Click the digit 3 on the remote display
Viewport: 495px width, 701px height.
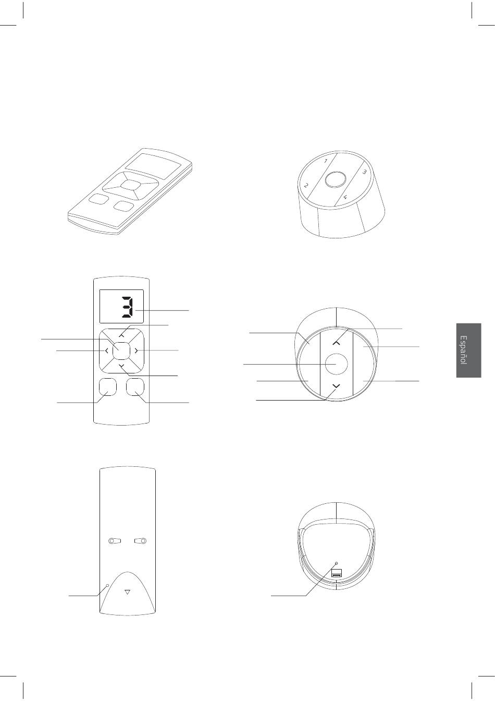click(128, 306)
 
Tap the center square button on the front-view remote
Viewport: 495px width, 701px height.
click(121, 351)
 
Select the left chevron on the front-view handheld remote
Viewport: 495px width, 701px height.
click(107, 351)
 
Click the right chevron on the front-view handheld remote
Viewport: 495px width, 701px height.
click(136, 351)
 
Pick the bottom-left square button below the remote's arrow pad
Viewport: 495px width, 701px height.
click(107, 387)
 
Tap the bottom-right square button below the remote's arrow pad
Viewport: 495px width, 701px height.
click(135, 387)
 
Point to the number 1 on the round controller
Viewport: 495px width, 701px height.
click(326, 161)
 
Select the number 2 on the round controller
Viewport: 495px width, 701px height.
click(306, 185)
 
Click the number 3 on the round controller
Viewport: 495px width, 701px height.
click(364, 172)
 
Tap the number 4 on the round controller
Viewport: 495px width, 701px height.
click(345, 197)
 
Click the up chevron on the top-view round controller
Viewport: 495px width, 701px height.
click(336, 343)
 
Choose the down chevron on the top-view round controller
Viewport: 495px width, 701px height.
click(336, 386)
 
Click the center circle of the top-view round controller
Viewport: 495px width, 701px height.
click(336, 364)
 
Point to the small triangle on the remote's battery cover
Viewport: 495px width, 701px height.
click(127, 592)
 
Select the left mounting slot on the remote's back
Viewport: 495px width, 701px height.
click(115, 540)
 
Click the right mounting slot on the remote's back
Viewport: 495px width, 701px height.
click(141, 540)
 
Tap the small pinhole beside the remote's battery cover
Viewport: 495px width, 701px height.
click(107, 585)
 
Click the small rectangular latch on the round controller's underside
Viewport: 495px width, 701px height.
click(337, 573)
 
